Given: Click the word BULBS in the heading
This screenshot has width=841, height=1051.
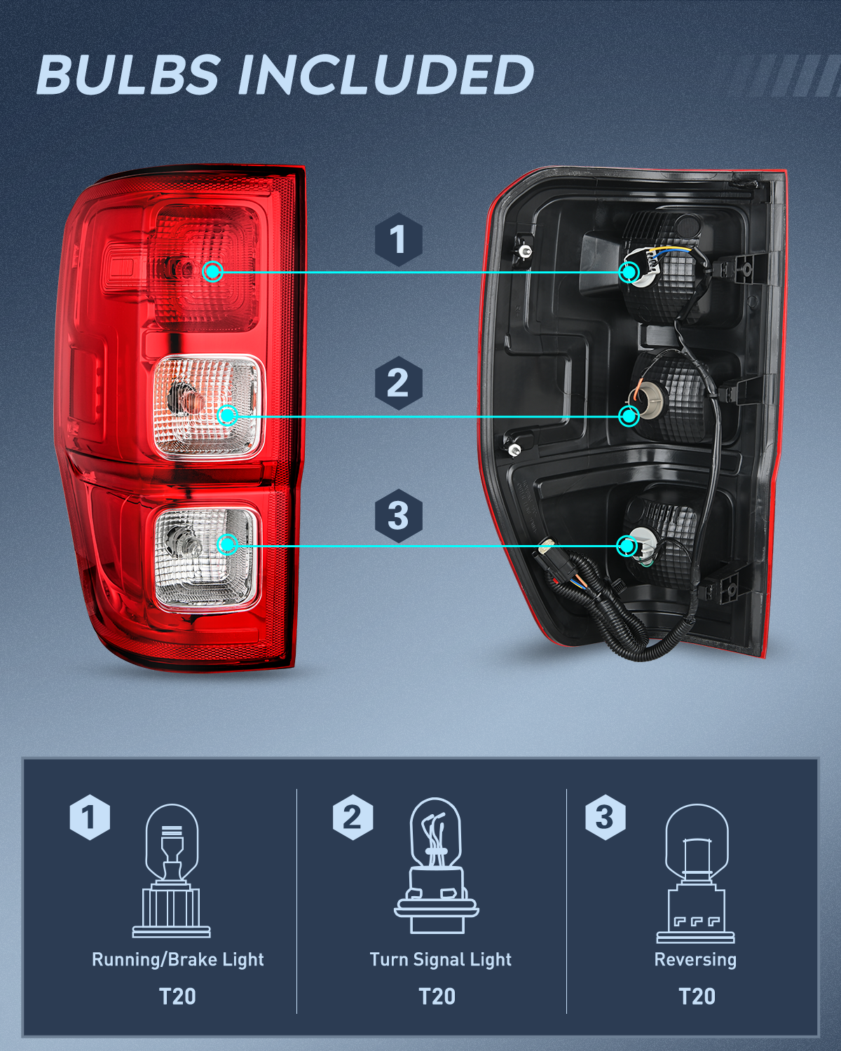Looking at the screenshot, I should click(128, 75).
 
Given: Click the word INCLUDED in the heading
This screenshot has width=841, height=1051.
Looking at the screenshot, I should click(386, 75).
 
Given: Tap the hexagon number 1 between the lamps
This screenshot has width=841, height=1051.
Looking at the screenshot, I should click(398, 240).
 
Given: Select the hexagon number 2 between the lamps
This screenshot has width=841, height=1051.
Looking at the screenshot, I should click(398, 383).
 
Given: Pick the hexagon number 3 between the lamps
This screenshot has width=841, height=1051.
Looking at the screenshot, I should click(398, 516).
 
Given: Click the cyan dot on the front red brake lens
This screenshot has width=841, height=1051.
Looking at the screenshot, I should click(213, 272).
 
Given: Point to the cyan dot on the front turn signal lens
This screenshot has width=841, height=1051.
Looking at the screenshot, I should click(227, 415).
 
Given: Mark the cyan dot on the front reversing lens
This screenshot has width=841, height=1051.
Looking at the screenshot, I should click(227, 544).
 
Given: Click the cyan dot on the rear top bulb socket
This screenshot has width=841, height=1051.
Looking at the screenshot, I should click(629, 272).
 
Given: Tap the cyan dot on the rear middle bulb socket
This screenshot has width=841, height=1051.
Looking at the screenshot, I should click(629, 416).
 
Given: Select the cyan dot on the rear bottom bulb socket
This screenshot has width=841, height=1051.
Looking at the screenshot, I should click(627, 546).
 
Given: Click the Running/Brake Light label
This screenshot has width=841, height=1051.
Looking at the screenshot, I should click(178, 960).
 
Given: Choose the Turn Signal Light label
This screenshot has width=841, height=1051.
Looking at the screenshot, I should click(441, 960).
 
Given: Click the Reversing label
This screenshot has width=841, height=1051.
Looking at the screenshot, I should click(695, 960).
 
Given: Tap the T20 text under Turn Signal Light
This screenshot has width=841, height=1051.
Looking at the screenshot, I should click(437, 996).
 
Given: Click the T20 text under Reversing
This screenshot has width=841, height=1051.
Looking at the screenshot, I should click(697, 996).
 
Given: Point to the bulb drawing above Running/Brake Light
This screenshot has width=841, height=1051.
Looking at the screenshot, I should click(172, 871).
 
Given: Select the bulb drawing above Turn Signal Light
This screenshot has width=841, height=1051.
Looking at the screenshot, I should click(436, 867).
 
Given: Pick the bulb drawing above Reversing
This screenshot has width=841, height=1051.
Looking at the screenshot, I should click(696, 874).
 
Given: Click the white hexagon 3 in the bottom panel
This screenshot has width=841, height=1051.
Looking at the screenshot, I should click(605, 818).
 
